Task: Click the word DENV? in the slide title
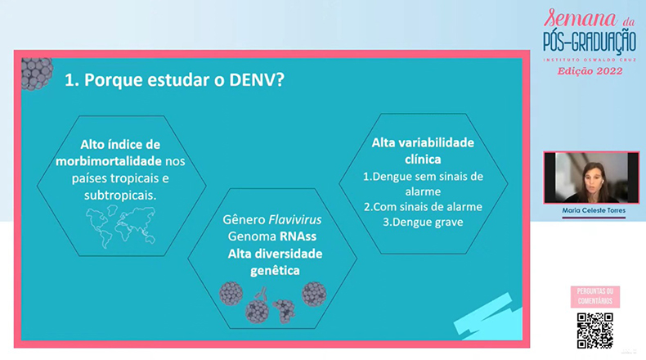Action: pyautogui.click(x=256, y=79)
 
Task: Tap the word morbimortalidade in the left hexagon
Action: pyautogui.click(x=109, y=161)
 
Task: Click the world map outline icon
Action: pyautogui.click(x=121, y=227)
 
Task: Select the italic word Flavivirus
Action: pyautogui.click(x=294, y=219)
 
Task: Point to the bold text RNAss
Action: pyautogui.click(x=298, y=236)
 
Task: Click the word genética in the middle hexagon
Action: pyautogui.click(x=275, y=271)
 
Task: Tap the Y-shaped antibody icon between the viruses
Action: pyautogui.click(x=261, y=294)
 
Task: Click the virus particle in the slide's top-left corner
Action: pyautogui.click(x=37, y=74)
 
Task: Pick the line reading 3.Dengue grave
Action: pyautogui.click(x=423, y=222)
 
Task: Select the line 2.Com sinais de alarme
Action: pyautogui.click(x=423, y=207)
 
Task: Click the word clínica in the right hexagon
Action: pyautogui.click(x=423, y=160)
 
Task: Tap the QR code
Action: pyautogui.click(x=595, y=331)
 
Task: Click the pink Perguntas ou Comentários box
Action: pyautogui.click(x=595, y=296)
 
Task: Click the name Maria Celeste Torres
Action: pyautogui.click(x=594, y=210)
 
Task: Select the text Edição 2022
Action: pyautogui.click(x=590, y=71)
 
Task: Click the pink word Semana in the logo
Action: pyautogui.click(x=580, y=19)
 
